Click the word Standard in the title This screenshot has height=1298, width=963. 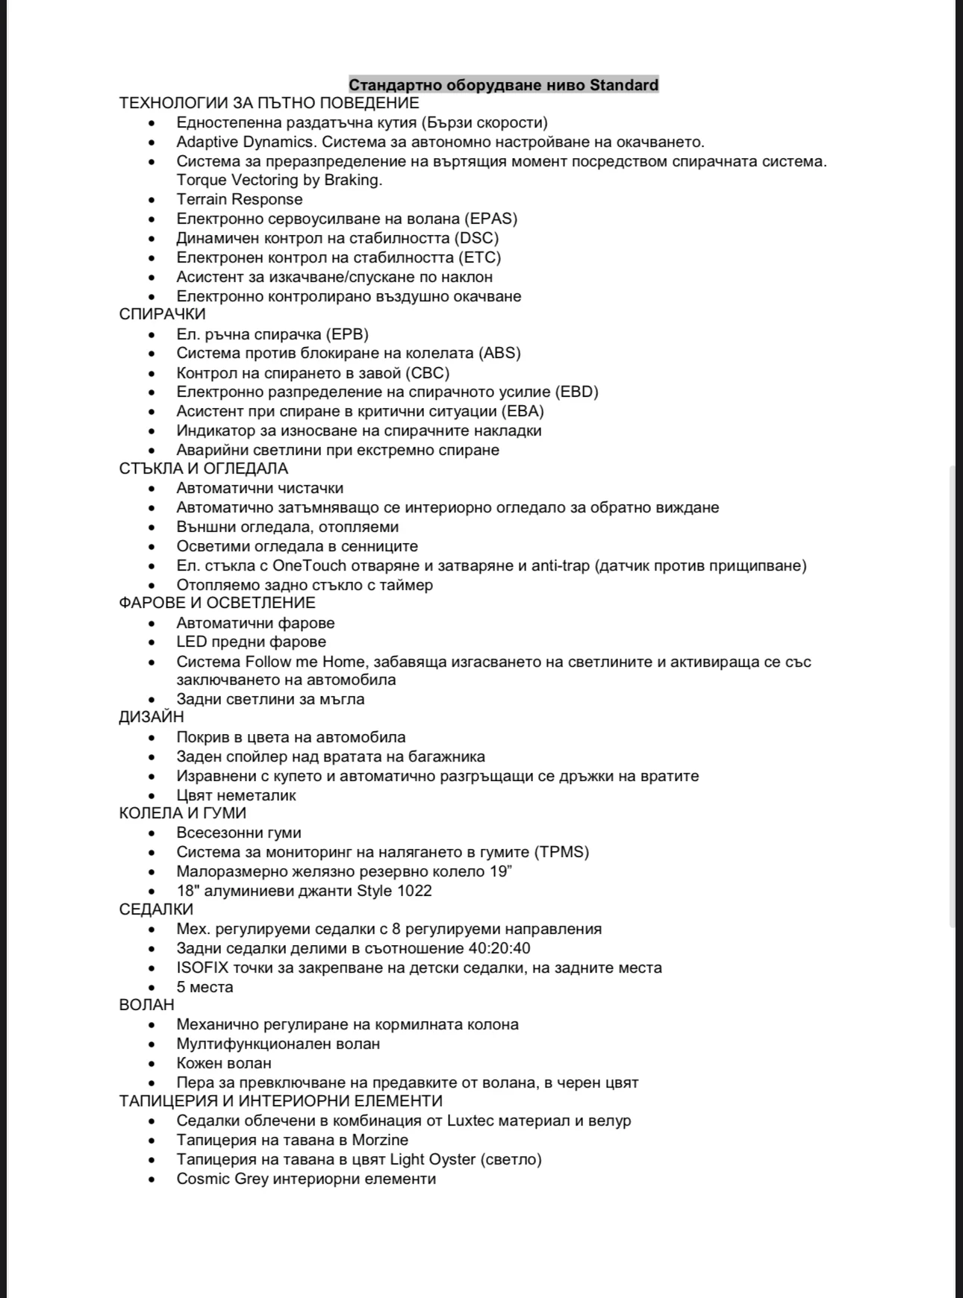pyautogui.click(x=624, y=85)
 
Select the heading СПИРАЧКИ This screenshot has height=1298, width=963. pyautogui.click(x=162, y=314)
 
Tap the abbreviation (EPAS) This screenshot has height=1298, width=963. pyautogui.click(x=490, y=219)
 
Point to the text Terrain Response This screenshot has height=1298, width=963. pyautogui.click(x=240, y=199)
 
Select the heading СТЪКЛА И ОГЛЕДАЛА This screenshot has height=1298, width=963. pyautogui.click(x=203, y=468)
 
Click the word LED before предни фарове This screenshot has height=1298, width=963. pyautogui.click(x=191, y=642)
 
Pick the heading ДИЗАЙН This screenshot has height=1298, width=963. pyautogui.click(x=151, y=717)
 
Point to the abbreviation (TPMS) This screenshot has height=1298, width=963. pyautogui.click(x=561, y=852)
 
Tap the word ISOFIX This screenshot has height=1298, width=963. pyautogui.click(x=202, y=968)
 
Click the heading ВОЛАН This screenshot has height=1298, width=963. pyautogui.click(x=146, y=1005)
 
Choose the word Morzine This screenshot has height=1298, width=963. pyautogui.click(x=380, y=1140)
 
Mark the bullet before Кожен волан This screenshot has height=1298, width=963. pyautogui.click(x=152, y=1063)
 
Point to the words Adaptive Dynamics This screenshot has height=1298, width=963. pyautogui.click(x=245, y=142)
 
